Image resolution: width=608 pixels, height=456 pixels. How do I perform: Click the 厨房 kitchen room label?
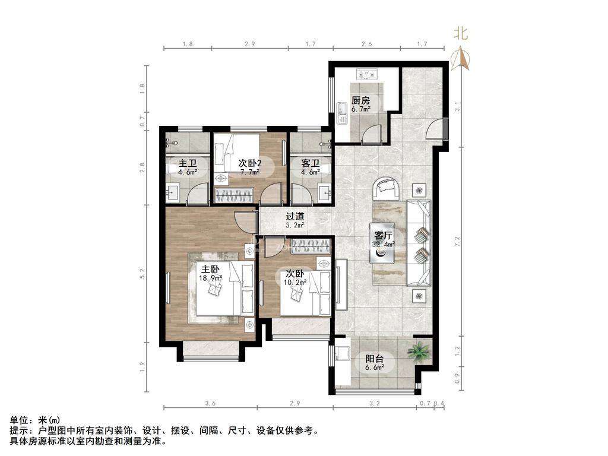click(x=360, y=100)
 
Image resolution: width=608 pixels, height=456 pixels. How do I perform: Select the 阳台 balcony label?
click(x=374, y=359)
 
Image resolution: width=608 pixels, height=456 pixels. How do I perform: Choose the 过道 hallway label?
click(x=295, y=217)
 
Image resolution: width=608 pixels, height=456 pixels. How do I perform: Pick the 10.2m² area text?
click(x=295, y=283)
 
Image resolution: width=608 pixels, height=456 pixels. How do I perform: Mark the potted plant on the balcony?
click(x=419, y=352)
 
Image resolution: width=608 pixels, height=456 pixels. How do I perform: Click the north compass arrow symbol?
click(x=460, y=59)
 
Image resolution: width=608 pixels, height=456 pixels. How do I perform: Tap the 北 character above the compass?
click(x=461, y=34)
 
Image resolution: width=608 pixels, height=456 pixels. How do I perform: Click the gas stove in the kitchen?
click(x=368, y=75)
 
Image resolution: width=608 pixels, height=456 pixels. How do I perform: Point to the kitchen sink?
click(x=343, y=112)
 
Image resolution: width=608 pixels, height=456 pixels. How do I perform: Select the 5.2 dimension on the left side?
click(x=142, y=274)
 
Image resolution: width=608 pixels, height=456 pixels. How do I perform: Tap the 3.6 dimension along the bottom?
click(x=210, y=404)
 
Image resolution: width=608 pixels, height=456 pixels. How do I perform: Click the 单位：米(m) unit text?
click(x=35, y=420)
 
